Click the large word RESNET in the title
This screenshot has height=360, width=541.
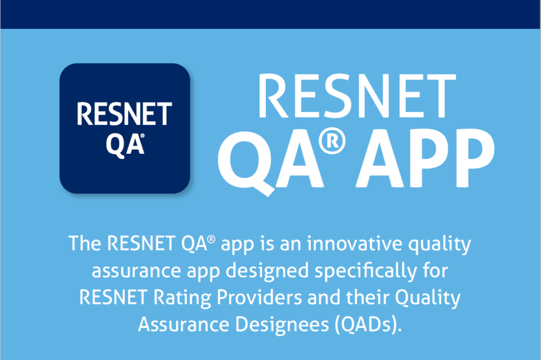[357, 97]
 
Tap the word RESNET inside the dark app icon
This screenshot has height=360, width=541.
[125, 114]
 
